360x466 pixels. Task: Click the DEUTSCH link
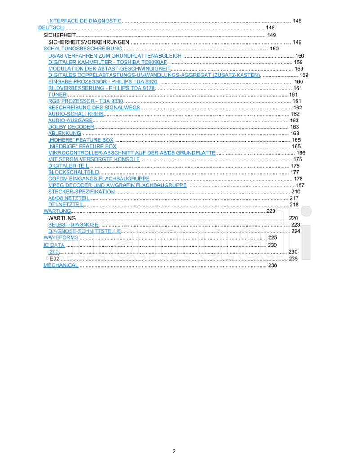pos(51,28)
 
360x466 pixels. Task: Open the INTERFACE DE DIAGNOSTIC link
pos(85,21)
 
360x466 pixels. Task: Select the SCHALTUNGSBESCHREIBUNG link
pos(83,49)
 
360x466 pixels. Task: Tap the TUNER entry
pos(57,94)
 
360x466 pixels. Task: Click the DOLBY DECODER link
pos(71,127)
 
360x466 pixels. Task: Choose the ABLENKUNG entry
pos(64,134)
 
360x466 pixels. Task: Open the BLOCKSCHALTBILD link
pos(73,172)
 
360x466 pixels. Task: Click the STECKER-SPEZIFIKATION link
pos(81,192)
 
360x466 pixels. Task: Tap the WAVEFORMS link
pos(61,237)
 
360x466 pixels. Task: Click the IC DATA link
pos(54,246)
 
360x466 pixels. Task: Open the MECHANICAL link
pos(61,265)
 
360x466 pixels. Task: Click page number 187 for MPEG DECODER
pos(300,185)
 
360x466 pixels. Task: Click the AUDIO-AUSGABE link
pos(70,121)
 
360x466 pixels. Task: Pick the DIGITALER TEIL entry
pos(68,166)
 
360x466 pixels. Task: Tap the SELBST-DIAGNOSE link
pos(73,224)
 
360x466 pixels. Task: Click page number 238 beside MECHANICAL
pos(273,265)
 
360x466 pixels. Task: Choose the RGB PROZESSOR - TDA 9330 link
pos(85,101)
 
